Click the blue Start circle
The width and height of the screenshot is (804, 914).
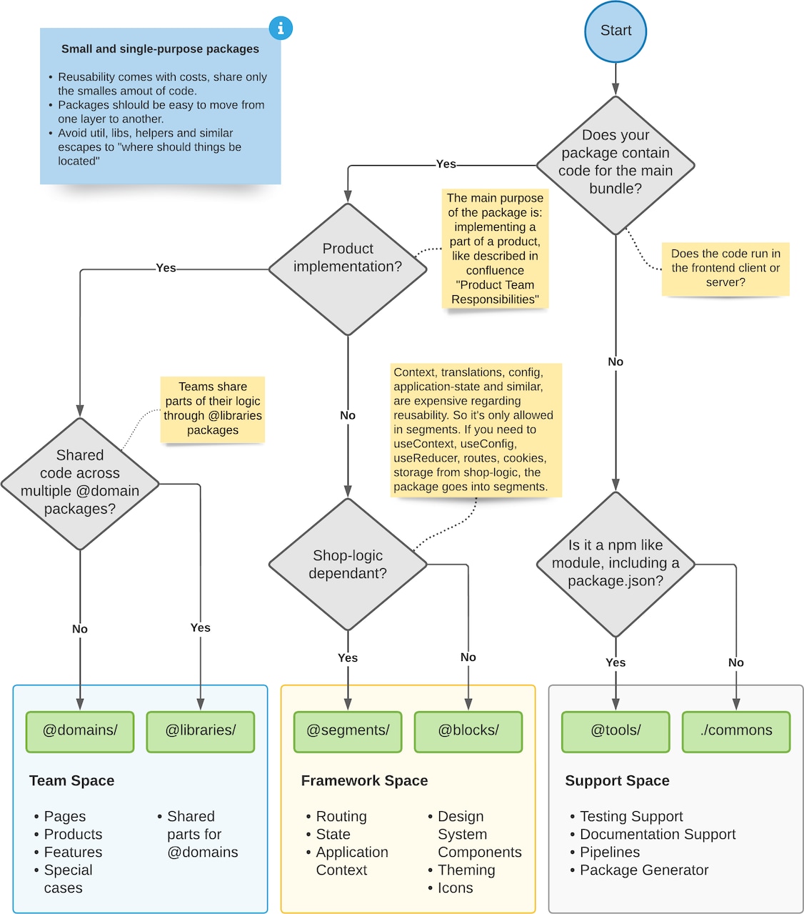[615, 31]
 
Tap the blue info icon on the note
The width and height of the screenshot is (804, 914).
[281, 28]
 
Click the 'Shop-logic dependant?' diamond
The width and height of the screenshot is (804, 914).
[348, 565]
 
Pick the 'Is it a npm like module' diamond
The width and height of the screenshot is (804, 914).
[615, 564]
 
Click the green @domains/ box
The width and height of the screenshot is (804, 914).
[80, 731]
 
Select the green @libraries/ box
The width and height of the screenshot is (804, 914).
[201, 731]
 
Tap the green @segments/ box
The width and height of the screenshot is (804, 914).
[348, 731]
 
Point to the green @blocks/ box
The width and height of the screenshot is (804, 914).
[468, 731]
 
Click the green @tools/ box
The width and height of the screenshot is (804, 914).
[615, 731]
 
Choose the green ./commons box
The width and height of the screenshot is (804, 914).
[736, 731]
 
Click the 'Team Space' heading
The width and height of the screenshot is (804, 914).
[71, 780]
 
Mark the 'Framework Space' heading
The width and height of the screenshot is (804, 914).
[364, 780]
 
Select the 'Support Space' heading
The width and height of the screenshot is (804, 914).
[617, 780]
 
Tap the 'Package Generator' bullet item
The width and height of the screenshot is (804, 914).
[643, 870]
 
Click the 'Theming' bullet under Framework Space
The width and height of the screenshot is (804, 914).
[466, 870]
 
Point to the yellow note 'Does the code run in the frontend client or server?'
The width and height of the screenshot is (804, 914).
[725, 268]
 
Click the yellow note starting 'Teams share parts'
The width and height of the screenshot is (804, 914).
[213, 408]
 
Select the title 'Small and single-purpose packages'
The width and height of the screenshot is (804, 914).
[160, 49]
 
